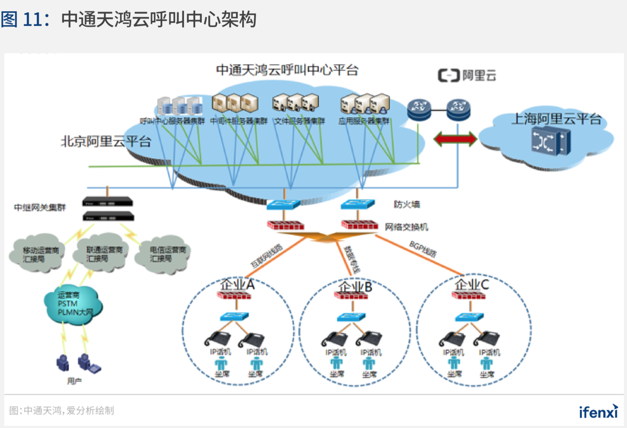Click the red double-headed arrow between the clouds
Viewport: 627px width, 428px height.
[455, 139]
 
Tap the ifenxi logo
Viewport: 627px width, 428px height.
[598, 411]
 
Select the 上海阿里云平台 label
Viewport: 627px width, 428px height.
[556, 119]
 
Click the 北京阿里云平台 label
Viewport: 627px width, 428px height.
[106, 142]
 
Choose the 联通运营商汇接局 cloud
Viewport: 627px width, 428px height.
[102, 253]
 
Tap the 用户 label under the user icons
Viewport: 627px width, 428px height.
[74, 381]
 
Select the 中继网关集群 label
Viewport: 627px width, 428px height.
[40, 208]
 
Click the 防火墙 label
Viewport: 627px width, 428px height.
[407, 204]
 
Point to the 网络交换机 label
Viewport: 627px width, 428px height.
[407, 227]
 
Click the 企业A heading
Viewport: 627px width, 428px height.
[237, 285]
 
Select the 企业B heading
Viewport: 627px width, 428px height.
[355, 287]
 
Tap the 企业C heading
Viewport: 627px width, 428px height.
[472, 285]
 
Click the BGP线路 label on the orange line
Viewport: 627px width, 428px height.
[423, 249]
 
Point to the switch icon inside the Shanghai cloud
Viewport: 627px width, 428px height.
[551, 142]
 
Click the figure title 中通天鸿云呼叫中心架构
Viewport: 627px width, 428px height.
[159, 19]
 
